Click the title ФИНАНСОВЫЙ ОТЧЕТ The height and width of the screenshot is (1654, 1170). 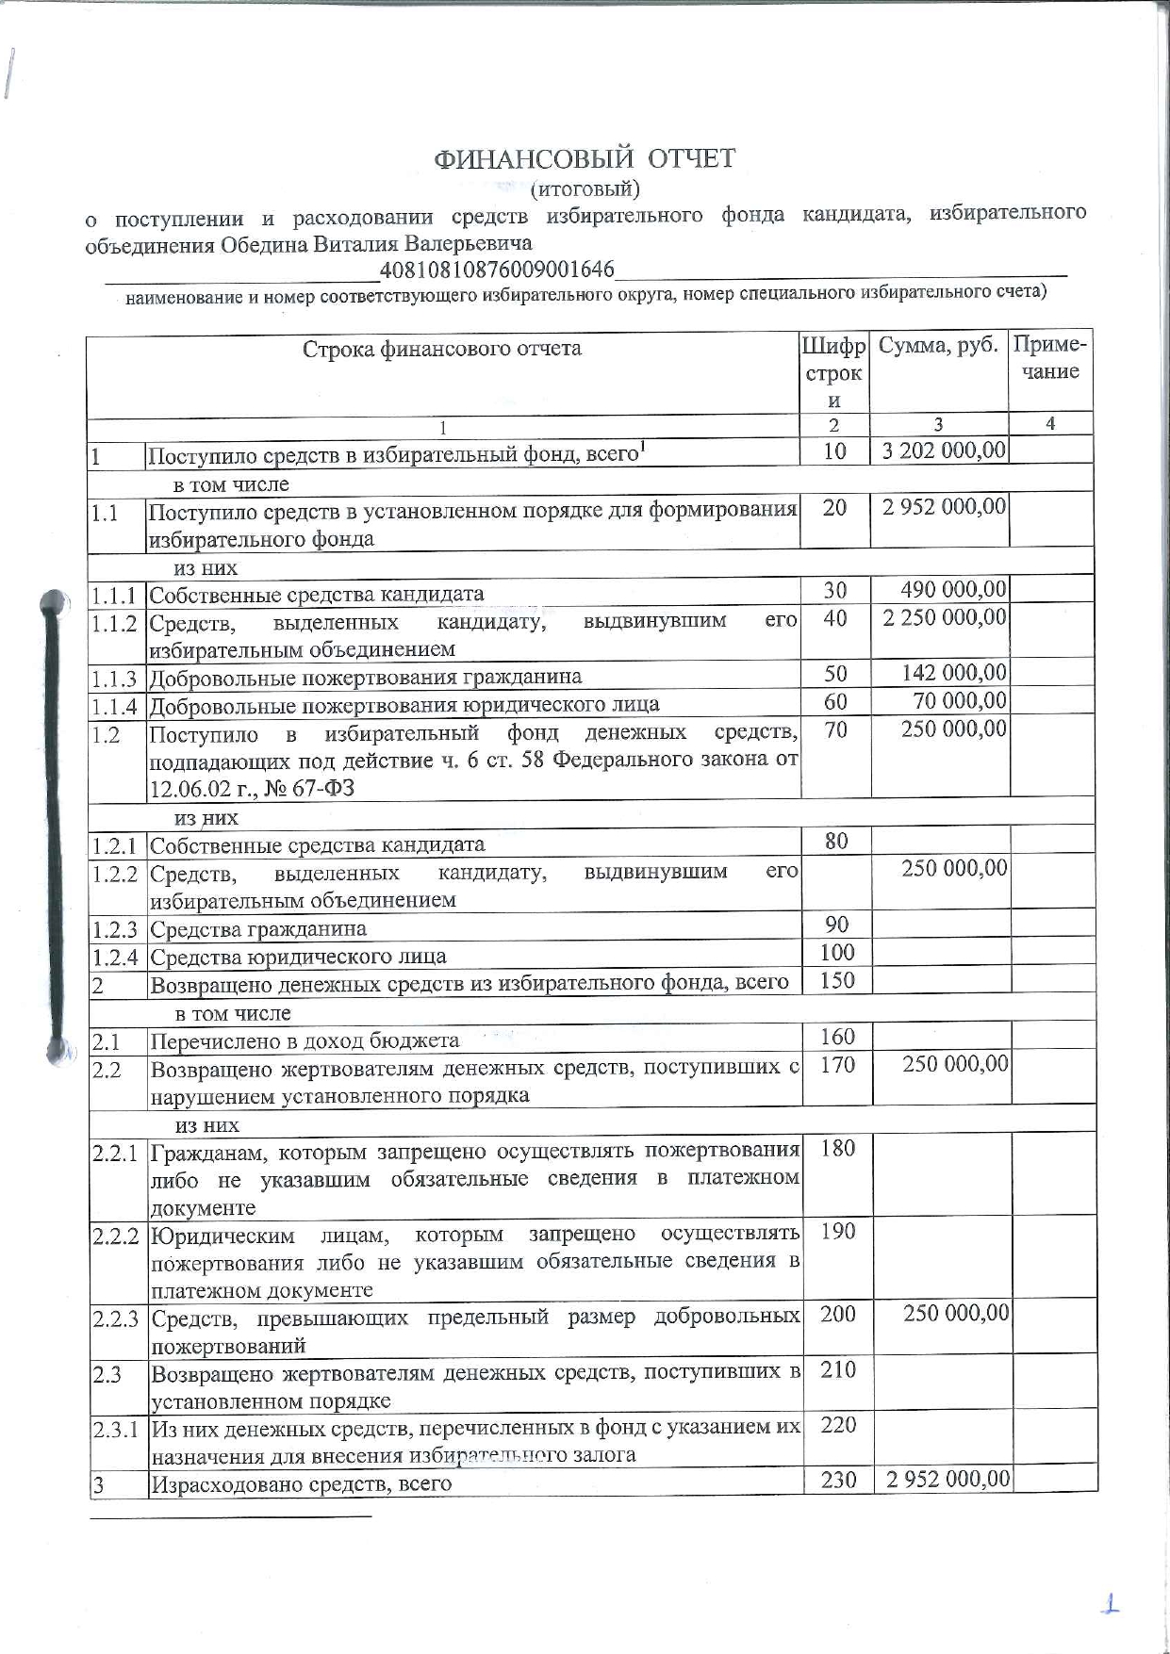click(x=585, y=158)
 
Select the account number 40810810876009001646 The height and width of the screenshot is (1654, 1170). click(x=497, y=270)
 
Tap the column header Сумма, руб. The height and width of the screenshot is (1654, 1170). click(x=938, y=346)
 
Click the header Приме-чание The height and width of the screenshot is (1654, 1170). click(x=1050, y=358)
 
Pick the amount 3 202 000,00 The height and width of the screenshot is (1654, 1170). click(x=944, y=450)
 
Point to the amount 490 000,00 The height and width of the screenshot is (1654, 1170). click(x=953, y=590)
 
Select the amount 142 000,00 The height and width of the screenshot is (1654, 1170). click(x=953, y=673)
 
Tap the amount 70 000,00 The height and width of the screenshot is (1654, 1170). click(x=960, y=701)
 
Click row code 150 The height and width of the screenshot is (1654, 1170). click(x=837, y=981)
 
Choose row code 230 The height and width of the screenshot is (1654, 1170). click(x=838, y=1480)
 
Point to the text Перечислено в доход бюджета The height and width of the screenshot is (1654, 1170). click(x=305, y=1041)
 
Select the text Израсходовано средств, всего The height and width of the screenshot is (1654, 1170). click(x=301, y=1483)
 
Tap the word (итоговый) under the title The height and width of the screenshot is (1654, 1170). click(x=585, y=189)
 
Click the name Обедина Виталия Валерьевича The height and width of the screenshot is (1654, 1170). click(x=376, y=244)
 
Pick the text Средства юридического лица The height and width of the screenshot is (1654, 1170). click(x=298, y=958)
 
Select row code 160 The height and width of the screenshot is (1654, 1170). click(x=837, y=1038)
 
